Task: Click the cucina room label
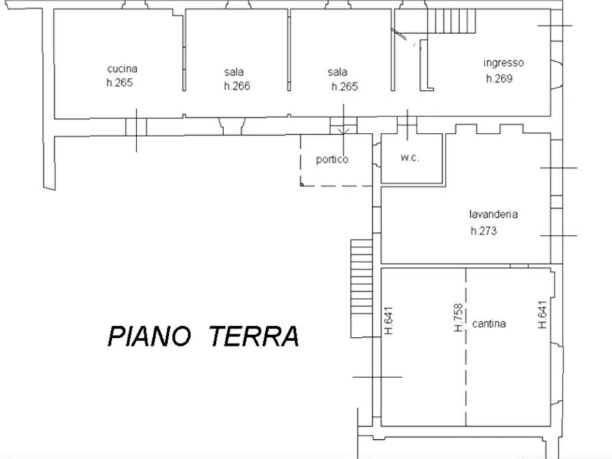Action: [x=122, y=69]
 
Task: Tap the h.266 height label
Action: [x=236, y=86]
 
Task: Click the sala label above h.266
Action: [x=233, y=72]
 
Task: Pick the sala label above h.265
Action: [x=337, y=72]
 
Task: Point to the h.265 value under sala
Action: [x=344, y=87]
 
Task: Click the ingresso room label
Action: [x=503, y=63]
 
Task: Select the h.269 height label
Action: [x=499, y=78]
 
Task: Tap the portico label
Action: [x=332, y=160]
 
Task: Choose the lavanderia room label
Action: [x=493, y=214]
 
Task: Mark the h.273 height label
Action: [x=483, y=231]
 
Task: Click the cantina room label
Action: [x=489, y=324]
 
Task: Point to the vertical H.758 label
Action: [x=458, y=319]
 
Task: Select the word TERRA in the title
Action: [x=254, y=337]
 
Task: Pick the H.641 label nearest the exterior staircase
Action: [x=388, y=319]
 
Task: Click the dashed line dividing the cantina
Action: [x=467, y=370]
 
